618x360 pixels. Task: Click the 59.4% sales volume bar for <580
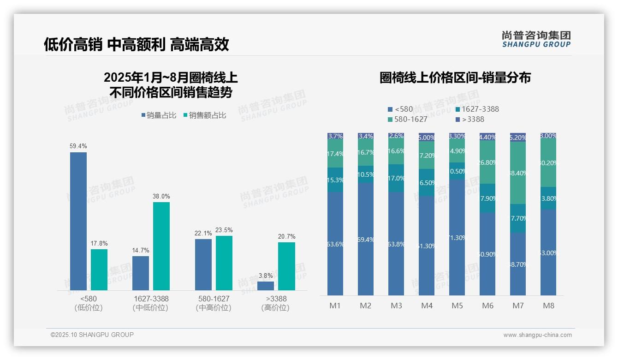click(x=78, y=221)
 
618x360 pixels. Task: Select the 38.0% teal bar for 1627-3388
click(x=161, y=246)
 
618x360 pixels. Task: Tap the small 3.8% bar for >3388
click(x=266, y=286)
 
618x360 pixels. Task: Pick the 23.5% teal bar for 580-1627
click(x=224, y=263)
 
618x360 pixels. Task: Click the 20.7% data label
click(x=286, y=237)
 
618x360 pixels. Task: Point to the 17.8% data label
click(x=99, y=244)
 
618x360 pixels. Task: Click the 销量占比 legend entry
click(x=159, y=115)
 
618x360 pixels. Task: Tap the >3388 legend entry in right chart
click(x=470, y=120)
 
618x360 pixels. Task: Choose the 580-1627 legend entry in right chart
click(x=408, y=120)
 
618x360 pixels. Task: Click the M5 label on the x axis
click(x=457, y=306)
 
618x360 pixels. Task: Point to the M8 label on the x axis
click(x=548, y=306)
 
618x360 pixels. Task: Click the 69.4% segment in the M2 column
click(x=366, y=239)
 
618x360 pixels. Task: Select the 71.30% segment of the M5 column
click(x=457, y=237)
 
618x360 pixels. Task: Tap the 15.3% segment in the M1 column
click(x=335, y=180)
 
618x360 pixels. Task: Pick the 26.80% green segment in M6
click(x=487, y=162)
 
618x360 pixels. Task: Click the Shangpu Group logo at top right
click(x=536, y=39)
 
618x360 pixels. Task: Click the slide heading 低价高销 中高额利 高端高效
click(x=137, y=45)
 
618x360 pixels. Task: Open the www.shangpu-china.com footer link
click(x=537, y=335)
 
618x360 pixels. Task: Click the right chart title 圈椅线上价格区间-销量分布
click(x=455, y=78)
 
